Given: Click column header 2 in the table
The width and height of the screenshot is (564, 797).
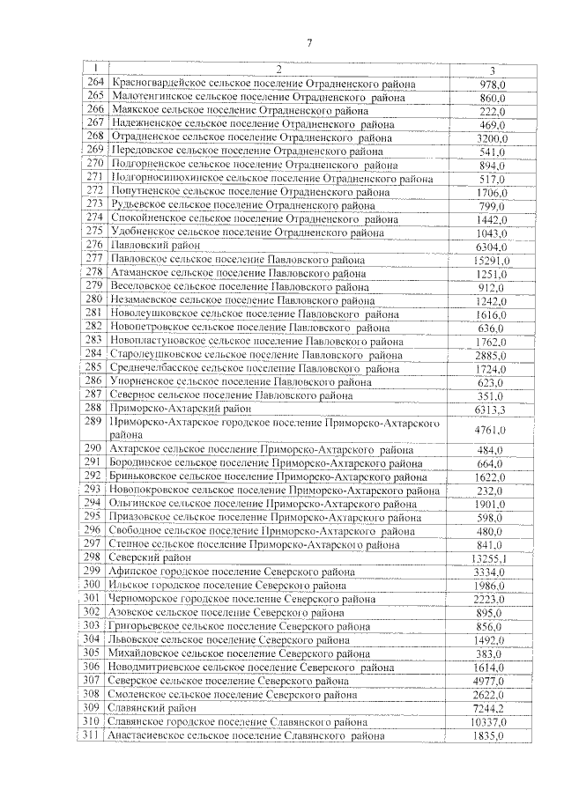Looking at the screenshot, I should point(278,70).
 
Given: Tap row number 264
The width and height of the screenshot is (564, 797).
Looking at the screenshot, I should point(95,83).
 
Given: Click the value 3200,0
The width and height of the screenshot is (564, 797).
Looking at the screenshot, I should point(490,139).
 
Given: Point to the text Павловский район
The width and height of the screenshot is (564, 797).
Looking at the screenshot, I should point(153,246).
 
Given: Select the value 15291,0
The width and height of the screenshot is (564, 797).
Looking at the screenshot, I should point(491,261).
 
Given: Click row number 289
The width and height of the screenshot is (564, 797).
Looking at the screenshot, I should point(95,423).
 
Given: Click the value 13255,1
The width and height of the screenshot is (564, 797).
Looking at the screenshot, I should point(490,558).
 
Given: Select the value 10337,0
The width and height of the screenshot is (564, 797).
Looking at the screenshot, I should point(491,721).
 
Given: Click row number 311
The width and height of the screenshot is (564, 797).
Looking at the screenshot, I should point(95,735).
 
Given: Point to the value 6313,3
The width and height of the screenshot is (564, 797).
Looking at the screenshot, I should point(491,409).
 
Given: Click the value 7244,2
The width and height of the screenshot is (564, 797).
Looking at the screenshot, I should point(491,707).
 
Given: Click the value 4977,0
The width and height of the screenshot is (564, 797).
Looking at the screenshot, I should point(491,680).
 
